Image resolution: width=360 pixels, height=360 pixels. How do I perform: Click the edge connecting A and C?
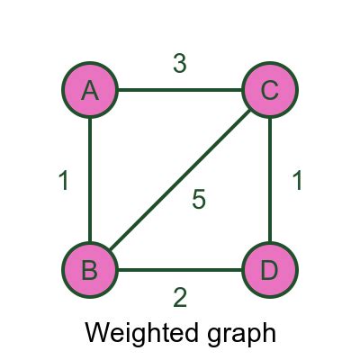[x=180, y=90]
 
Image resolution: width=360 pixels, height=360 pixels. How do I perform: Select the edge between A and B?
[x=90, y=180]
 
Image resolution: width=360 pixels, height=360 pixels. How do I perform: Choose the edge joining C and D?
[x=270, y=180]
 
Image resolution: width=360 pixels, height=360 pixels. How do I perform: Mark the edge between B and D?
[x=180, y=270]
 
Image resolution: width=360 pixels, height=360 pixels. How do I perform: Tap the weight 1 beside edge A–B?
[x=63, y=181]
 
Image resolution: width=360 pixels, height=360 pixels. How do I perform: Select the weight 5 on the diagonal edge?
[x=199, y=200]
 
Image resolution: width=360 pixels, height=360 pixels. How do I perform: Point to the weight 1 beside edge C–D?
[x=297, y=180]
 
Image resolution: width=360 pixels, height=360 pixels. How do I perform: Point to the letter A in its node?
[x=90, y=89]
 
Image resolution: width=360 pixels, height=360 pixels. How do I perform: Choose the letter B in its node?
[x=90, y=269]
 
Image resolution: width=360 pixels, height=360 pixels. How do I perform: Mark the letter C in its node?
[x=270, y=89]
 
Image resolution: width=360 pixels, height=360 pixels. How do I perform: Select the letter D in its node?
[x=270, y=269]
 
